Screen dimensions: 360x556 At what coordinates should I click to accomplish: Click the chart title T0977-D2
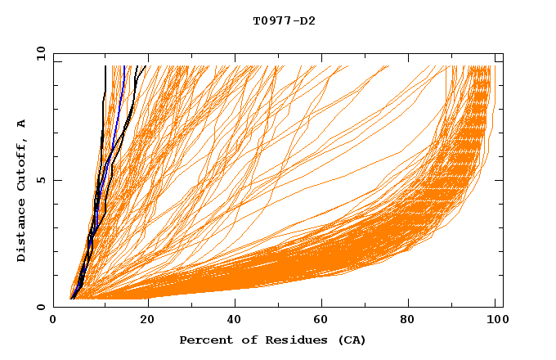coord(284,20)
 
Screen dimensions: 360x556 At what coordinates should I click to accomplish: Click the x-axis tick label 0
coord(53,321)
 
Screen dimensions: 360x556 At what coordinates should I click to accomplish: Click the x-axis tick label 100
coord(496,321)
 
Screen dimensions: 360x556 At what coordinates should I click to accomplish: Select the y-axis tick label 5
coord(43,180)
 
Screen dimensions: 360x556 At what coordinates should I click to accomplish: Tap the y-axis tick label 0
coord(43,307)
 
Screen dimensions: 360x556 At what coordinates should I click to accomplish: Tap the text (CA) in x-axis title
coord(351,340)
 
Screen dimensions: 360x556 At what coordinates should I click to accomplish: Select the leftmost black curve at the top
coord(105,74)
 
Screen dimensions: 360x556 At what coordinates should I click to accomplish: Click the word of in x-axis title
coord(248,340)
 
